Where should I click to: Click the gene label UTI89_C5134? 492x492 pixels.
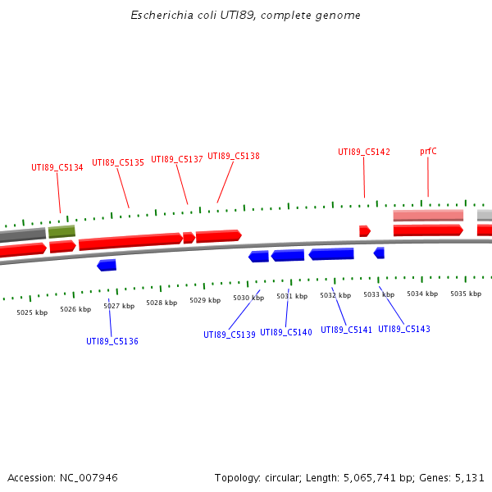pyautogui.click(x=57, y=167)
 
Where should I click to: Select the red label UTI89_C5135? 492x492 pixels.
pyautogui.click(x=118, y=162)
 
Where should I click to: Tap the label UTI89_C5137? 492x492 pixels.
pyautogui.click(x=177, y=159)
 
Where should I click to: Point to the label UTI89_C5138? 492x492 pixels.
pyautogui.click(x=234, y=156)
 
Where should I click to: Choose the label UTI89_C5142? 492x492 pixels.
pyautogui.click(x=364, y=152)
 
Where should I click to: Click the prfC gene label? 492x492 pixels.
pyautogui.click(x=428, y=151)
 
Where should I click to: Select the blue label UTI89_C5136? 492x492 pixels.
pyautogui.click(x=112, y=341)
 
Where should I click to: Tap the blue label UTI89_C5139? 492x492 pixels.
pyautogui.click(x=230, y=335)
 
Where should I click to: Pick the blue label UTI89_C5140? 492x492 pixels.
pyautogui.click(x=286, y=332)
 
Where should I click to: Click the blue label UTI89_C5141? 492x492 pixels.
pyautogui.click(x=346, y=330)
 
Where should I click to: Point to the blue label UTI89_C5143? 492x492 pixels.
pyautogui.click(x=404, y=329)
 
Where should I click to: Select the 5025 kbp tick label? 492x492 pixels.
pyautogui.click(x=32, y=312)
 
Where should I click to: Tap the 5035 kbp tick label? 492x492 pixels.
pyautogui.click(x=466, y=294)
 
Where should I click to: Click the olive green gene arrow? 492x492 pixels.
pyautogui.click(x=61, y=232)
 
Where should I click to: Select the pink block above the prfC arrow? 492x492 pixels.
pyautogui.click(x=428, y=216)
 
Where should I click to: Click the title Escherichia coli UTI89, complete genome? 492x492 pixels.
pyautogui.click(x=246, y=16)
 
